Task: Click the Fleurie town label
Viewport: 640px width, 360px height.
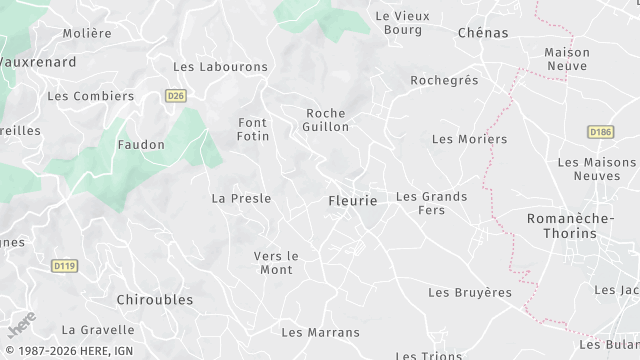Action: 353,201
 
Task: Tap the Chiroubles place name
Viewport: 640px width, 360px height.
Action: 155,299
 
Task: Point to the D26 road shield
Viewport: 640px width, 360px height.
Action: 176,96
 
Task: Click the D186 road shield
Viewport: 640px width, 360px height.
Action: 599,131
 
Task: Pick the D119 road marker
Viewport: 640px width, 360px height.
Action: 64,265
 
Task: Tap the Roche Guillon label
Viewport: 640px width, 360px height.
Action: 327,120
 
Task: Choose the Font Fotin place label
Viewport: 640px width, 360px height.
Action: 253,129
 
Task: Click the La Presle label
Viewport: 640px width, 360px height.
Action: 241,198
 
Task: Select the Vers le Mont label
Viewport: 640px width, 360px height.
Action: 276,262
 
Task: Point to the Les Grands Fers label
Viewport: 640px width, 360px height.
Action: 431,203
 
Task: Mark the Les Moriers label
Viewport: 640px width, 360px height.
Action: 469,139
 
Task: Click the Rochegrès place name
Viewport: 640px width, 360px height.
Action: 444,80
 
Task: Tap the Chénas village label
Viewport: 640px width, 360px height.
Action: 482,33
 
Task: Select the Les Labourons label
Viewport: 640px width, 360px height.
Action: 220,67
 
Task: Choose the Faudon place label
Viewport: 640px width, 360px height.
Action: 141,145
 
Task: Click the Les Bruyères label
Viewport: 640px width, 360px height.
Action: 469,293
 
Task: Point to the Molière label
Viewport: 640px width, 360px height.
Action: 87,33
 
